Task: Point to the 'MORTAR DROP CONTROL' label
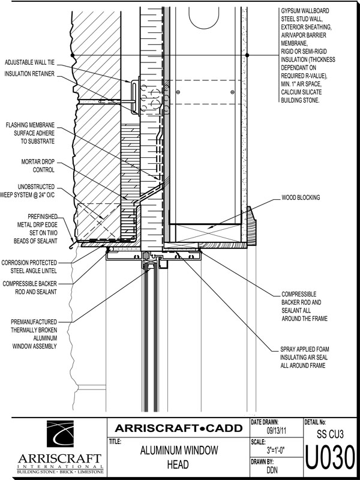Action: pos(38,166)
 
